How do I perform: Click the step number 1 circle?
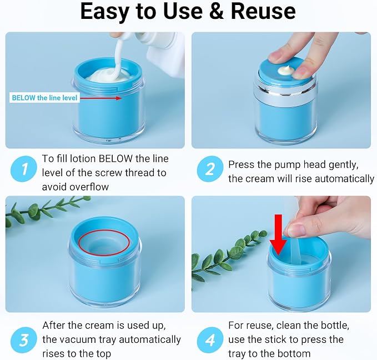point(24,169)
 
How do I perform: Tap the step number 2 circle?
point(210,169)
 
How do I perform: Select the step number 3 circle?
point(24,340)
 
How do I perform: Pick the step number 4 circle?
point(210,340)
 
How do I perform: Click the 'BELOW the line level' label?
point(44,98)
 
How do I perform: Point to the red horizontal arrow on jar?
point(100,98)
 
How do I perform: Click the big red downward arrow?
point(278,234)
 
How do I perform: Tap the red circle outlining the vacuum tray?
point(104,242)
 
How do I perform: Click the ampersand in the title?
point(217,11)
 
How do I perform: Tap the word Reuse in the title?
point(263,11)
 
